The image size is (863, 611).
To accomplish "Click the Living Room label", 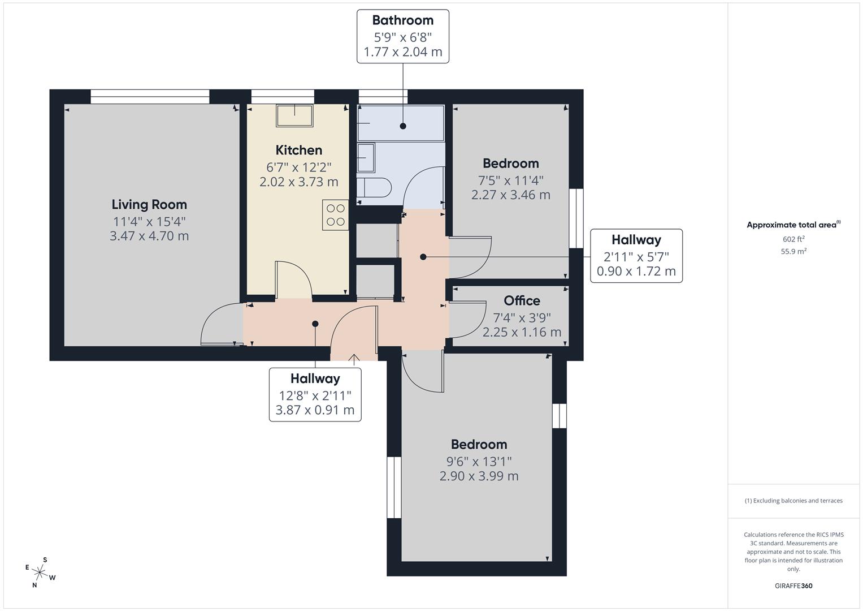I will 149,204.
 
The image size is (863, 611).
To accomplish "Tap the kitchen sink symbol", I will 294,115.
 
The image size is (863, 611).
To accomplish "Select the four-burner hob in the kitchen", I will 336,215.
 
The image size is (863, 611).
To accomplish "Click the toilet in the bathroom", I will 374,187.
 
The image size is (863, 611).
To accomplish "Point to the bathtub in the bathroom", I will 401,123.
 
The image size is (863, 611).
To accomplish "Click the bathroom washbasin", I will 366,157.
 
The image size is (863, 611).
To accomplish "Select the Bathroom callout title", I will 402,20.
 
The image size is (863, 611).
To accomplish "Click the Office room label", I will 522,300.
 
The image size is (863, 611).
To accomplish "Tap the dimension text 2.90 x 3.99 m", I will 479,476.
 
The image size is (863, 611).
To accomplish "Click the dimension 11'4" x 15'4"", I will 149,221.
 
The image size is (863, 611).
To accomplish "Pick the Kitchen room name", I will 298,150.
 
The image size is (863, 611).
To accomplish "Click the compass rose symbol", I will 41,573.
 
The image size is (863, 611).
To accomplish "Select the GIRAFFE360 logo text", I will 793,586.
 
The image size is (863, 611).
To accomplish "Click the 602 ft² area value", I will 793,239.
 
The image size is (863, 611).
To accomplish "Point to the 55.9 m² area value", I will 793,251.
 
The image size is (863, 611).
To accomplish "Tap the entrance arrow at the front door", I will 354,358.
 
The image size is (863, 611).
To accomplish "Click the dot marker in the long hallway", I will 315,324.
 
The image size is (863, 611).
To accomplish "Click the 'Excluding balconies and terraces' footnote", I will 793,501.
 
